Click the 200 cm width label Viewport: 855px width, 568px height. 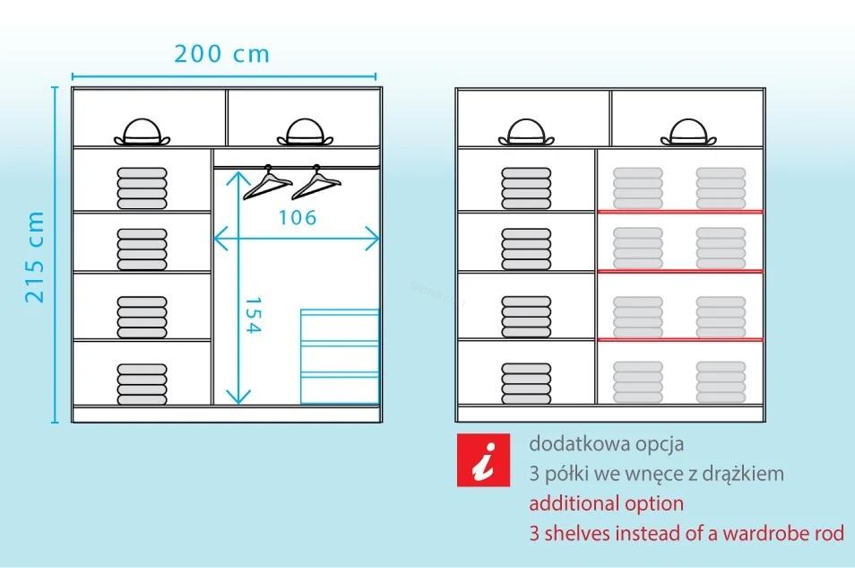[222, 54]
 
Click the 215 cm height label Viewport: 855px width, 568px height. [34, 257]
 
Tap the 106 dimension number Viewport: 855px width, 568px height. [298, 217]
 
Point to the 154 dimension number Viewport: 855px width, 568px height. [254, 315]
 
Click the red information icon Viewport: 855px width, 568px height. [483, 459]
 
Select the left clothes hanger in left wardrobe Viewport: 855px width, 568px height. [267, 182]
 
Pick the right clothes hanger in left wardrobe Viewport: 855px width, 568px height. [316, 182]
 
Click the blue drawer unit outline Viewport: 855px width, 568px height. [340, 356]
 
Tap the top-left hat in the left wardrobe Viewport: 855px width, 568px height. [142, 132]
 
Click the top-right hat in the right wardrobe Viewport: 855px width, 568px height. [688, 132]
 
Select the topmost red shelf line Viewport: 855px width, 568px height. [680, 212]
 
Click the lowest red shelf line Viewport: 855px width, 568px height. [680, 340]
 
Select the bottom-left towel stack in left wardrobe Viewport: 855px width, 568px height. [142, 384]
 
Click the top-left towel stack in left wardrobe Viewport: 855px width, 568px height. [142, 188]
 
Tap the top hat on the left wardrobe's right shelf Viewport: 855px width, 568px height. [305, 132]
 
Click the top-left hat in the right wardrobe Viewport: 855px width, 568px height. [526, 132]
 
